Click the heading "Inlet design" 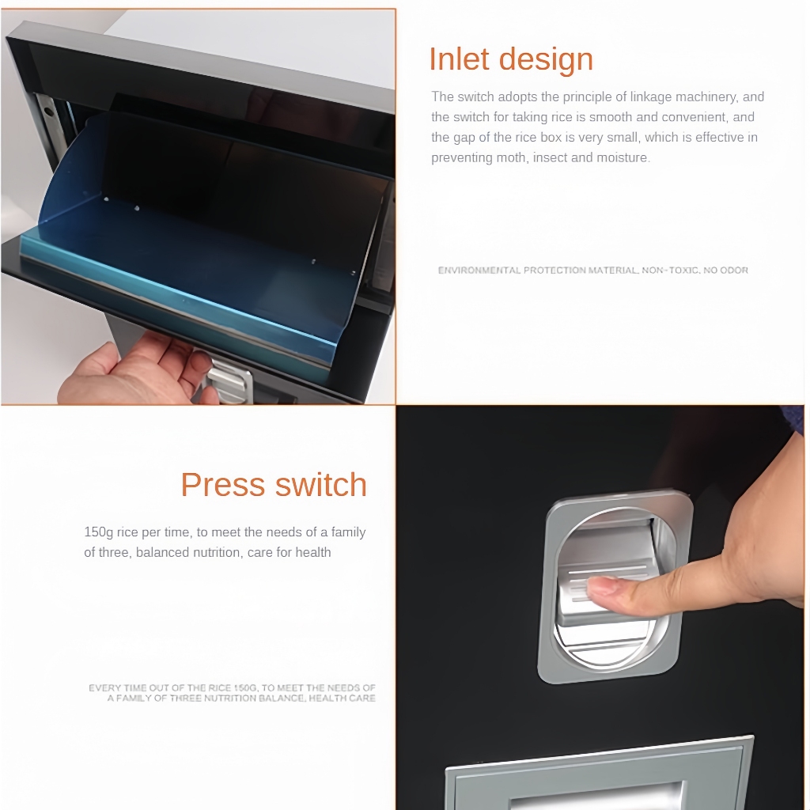tap(511, 59)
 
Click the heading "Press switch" tap(274, 485)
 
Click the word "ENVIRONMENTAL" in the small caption tap(479, 271)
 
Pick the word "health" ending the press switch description tap(313, 553)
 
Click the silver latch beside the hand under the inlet tap(229, 382)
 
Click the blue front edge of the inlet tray tap(176, 297)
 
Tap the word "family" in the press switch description tap(349, 532)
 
